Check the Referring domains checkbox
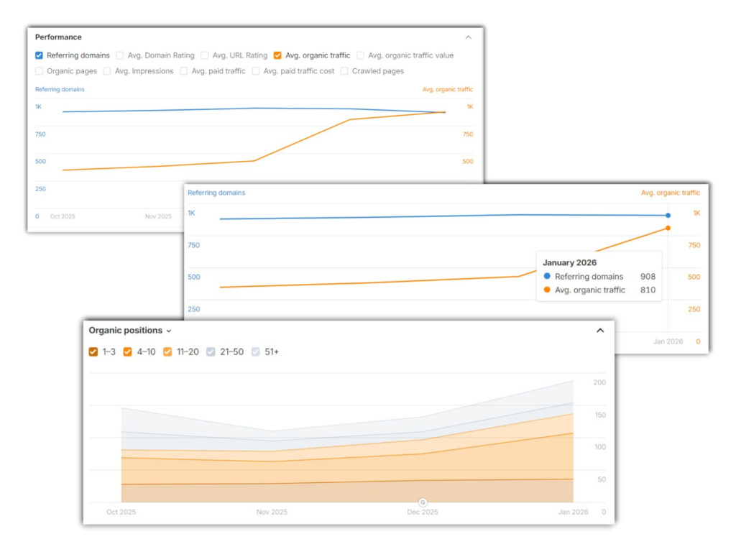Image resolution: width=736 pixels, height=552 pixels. coord(39,55)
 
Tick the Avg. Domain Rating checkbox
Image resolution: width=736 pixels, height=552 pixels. coord(120,55)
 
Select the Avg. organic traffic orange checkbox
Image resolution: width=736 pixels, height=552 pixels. coord(277,55)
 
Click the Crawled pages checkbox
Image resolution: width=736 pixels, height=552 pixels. coord(344,71)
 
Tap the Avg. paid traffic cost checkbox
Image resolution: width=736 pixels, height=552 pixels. coord(256,71)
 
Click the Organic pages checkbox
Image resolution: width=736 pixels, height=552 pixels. coord(39,71)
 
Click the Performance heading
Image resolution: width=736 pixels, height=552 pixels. coord(58,37)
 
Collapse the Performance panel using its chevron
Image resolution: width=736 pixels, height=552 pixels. coord(469,37)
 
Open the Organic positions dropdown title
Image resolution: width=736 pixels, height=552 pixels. coord(130,331)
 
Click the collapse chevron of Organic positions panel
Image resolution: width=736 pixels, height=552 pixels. coord(600,331)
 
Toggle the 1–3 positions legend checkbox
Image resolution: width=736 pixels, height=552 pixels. coord(93,352)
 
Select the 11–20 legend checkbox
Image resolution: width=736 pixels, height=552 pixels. coord(167,352)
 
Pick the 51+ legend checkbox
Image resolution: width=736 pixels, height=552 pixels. coord(256,352)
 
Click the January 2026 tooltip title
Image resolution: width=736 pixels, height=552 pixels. coord(569,262)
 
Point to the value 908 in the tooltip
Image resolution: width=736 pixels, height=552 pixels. coord(648,277)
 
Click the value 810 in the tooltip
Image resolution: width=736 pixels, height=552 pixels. coord(648,290)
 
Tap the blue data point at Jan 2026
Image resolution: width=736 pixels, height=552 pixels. coord(668,216)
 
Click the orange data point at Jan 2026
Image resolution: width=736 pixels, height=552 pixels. coord(668,228)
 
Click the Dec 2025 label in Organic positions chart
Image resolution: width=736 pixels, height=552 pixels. coord(423,512)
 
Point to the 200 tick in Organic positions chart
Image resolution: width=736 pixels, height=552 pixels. coord(599,383)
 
